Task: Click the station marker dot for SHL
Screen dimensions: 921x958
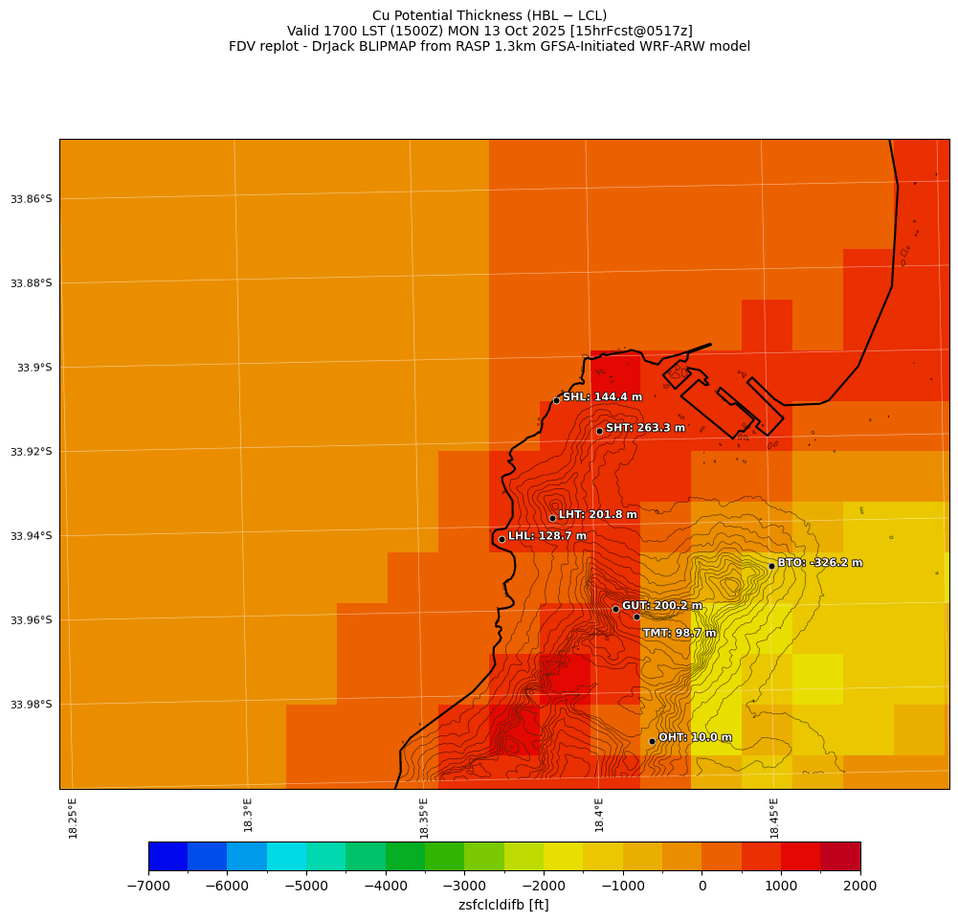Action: [x=556, y=400]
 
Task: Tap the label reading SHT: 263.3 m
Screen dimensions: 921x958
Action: [x=645, y=428]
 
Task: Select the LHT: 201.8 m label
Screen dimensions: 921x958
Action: [x=597, y=515]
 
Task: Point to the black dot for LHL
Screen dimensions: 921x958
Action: [x=501, y=539]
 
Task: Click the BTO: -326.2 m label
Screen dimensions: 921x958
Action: [x=819, y=563]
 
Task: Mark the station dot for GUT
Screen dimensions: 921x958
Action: [x=615, y=609]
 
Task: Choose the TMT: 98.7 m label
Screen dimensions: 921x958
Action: [x=680, y=633]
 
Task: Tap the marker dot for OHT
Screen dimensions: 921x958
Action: [x=652, y=741]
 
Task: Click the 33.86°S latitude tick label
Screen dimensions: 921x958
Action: [x=31, y=199]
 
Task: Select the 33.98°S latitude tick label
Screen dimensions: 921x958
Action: [x=31, y=705]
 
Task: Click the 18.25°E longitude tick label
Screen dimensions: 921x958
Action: [x=74, y=818]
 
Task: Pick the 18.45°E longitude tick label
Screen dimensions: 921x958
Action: [x=774, y=818]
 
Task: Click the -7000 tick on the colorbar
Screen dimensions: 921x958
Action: [x=148, y=886]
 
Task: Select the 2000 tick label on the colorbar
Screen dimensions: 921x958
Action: [x=859, y=886]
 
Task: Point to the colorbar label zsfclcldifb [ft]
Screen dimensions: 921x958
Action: [x=503, y=905]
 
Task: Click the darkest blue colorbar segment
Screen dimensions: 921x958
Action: [x=167, y=856]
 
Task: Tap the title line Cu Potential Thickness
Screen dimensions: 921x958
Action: [x=489, y=15]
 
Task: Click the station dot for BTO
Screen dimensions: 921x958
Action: [x=771, y=566]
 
